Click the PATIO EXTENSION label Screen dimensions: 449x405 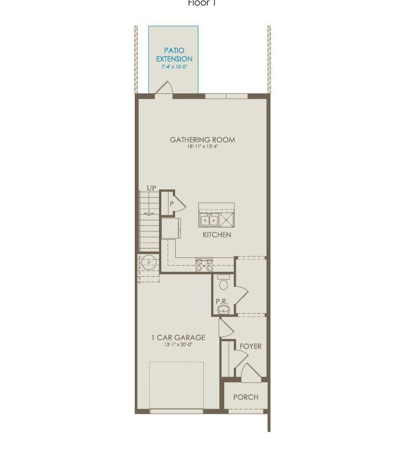174,55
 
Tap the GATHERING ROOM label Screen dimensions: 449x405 202,140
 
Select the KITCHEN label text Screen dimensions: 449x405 217,235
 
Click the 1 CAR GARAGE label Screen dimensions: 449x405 178,337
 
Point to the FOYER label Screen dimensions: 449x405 250,346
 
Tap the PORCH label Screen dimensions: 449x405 245,397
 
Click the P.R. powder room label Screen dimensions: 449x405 223,302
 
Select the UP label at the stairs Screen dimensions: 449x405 151,189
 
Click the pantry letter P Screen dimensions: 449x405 172,204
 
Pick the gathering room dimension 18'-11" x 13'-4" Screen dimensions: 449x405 202,147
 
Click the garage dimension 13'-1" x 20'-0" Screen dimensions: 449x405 178,345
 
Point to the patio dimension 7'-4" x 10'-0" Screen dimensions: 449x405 174,67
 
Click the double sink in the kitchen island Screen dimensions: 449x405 209,220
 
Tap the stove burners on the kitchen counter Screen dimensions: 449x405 204,265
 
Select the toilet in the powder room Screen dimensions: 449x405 223,283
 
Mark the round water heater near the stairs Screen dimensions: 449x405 148,262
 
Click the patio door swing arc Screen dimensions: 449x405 165,88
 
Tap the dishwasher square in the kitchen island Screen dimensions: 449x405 226,220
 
